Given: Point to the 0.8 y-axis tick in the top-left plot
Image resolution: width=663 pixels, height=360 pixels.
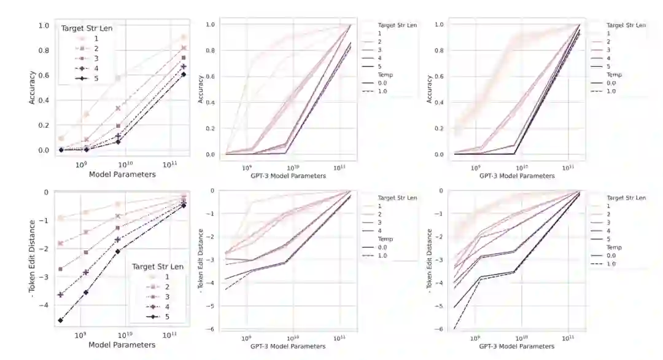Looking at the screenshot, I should click(x=44, y=50).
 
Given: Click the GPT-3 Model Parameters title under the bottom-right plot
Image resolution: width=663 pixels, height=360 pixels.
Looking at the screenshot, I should click(x=517, y=346).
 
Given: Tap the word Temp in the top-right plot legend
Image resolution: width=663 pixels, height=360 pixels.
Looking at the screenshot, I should click(x=615, y=74).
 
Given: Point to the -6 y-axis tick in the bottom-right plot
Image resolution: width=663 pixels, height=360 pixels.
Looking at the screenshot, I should click(x=439, y=329).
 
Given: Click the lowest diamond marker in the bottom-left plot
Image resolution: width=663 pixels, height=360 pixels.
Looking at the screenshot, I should click(x=61, y=320).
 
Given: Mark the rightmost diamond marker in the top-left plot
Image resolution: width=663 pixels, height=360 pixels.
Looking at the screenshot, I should click(x=184, y=74).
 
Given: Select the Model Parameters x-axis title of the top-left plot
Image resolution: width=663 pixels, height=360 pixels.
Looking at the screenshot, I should click(x=122, y=174).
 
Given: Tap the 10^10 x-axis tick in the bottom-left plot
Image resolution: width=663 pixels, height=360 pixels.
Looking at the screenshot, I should click(x=125, y=335).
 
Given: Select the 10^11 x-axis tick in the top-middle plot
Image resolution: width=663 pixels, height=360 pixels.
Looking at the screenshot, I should click(x=339, y=167).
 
